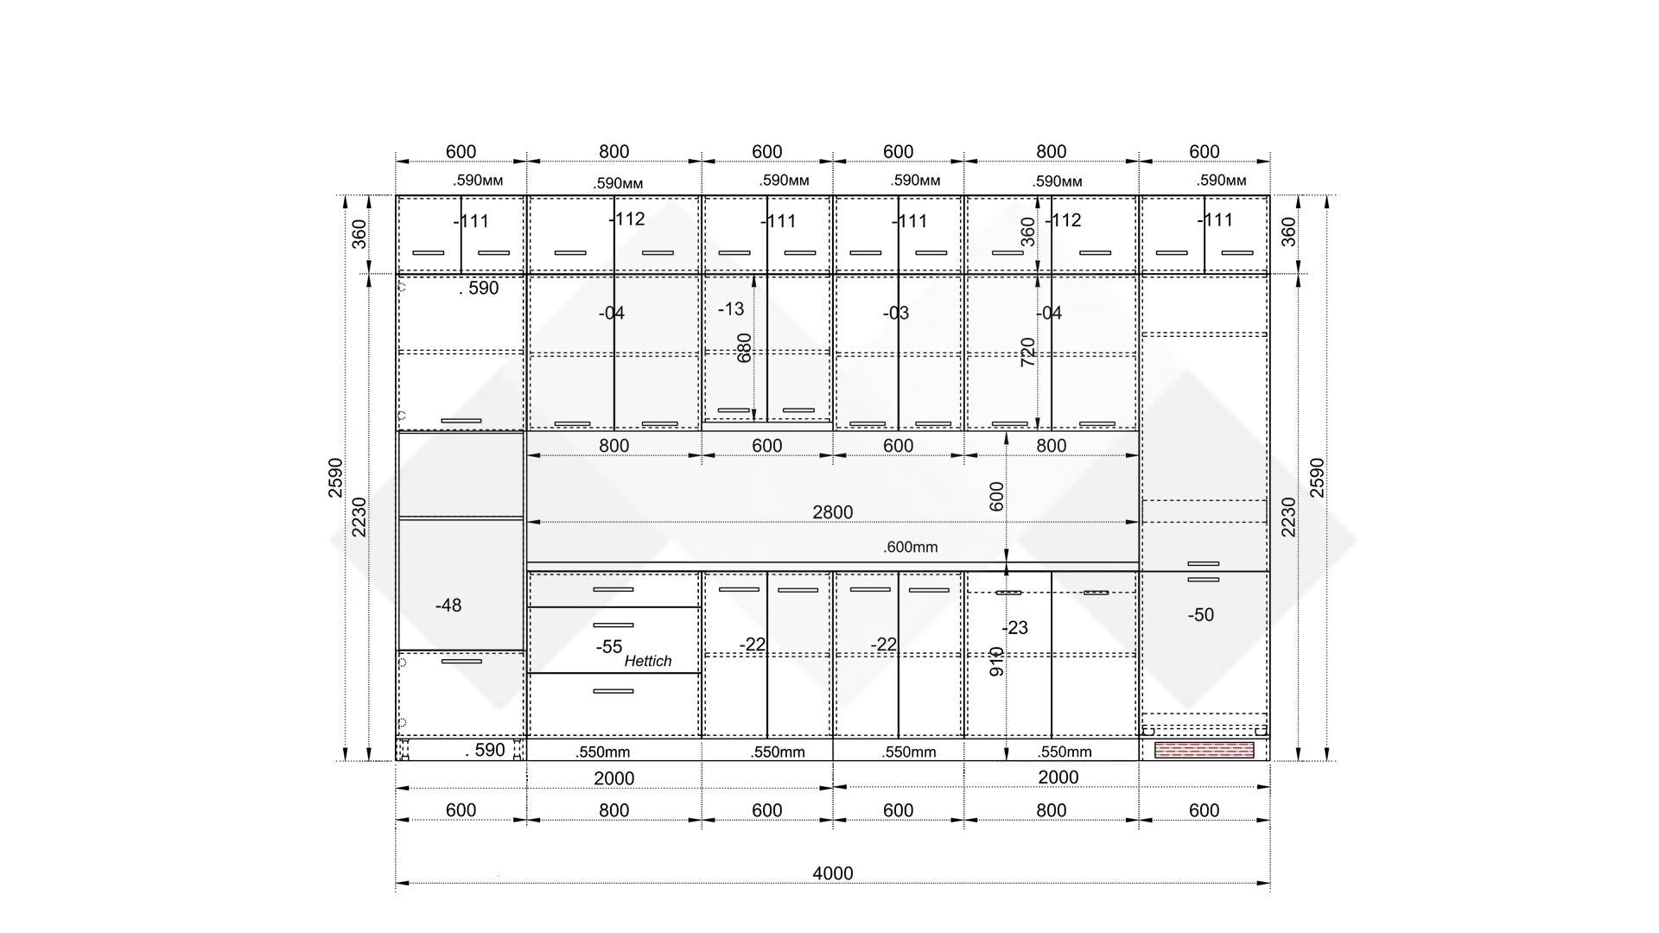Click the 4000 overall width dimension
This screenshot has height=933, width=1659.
(x=832, y=873)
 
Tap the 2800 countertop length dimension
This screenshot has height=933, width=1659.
(x=832, y=512)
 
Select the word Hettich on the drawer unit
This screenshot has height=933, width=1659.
(x=648, y=661)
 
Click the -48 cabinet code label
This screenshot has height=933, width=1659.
(x=448, y=606)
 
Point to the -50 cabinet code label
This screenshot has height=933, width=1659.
(x=1200, y=615)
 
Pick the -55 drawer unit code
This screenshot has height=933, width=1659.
(x=608, y=647)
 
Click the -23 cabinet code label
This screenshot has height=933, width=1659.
(x=1014, y=628)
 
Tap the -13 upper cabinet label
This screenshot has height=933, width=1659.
(x=730, y=309)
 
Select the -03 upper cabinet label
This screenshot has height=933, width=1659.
(x=895, y=313)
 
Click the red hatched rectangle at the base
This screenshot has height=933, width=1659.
(x=1204, y=750)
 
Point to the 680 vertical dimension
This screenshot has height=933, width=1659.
(x=744, y=348)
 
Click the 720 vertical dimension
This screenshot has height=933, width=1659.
(x=1027, y=352)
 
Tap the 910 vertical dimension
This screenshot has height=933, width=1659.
(x=996, y=662)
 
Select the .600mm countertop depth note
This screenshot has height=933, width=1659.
(x=910, y=547)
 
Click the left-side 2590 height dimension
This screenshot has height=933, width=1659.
(x=335, y=478)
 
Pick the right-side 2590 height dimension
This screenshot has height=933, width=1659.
(x=1317, y=478)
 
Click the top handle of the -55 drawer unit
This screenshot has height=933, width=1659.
(x=613, y=589)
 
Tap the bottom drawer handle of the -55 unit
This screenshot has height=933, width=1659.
(x=613, y=691)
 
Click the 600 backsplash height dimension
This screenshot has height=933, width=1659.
(x=996, y=497)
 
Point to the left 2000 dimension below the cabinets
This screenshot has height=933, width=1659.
(x=613, y=778)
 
